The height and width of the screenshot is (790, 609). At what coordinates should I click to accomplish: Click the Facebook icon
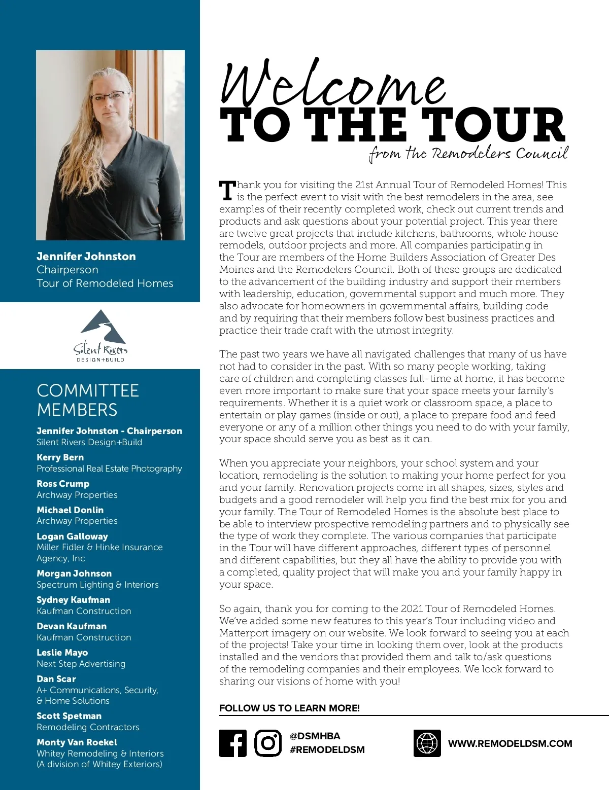point(233,743)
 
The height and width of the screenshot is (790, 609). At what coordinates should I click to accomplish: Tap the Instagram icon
point(267,743)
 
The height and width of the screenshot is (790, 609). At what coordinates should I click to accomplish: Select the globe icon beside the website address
point(427,743)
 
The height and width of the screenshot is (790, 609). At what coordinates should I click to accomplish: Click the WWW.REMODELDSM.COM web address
point(510,744)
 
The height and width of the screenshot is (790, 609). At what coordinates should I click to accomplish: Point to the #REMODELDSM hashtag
point(327,750)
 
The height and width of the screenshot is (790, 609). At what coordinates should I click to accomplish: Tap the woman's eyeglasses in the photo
point(108,96)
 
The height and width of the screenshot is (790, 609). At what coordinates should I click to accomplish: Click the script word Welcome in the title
point(333,84)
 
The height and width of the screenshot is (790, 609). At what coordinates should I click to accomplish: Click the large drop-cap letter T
point(227,191)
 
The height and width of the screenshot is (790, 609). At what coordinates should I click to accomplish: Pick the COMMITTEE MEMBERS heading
point(88,400)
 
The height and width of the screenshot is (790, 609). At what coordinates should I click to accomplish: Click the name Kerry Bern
point(60,457)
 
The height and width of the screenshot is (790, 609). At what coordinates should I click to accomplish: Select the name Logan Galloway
point(72,536)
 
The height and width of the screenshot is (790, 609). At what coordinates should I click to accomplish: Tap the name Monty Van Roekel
point(77,742)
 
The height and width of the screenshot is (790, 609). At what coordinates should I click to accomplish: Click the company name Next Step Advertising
point(81,664)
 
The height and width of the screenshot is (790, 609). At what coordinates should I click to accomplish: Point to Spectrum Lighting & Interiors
point(97,585)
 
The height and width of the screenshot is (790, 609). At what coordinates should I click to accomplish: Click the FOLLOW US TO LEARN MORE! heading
point(289,708)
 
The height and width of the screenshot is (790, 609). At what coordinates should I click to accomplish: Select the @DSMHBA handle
point(315,736)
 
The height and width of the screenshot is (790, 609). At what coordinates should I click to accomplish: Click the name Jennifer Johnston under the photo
point(86,257)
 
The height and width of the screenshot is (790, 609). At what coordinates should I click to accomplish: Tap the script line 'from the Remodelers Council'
point(468,154)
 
